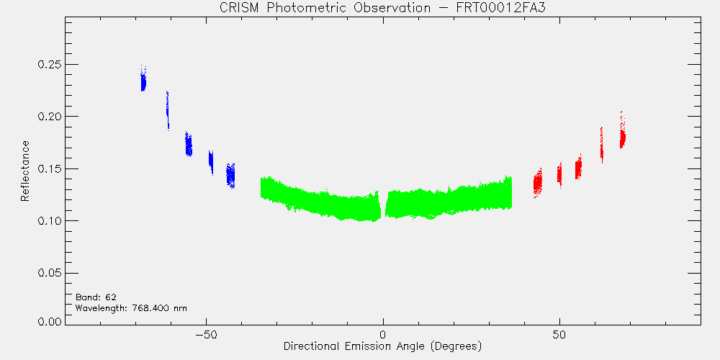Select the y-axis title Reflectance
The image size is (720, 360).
(x=24, y=171)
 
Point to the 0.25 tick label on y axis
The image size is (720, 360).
(x=50, y=64)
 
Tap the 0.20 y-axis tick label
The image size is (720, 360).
(x=50, y=117)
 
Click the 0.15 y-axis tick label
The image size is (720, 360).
(x=50, y=169)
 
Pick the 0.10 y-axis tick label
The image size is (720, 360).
(x=50, y=221)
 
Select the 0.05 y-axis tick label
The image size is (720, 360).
(x=50, y=273)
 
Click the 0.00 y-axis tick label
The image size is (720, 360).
(x=50, y=321)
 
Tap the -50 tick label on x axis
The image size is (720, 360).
(x=206, y=334)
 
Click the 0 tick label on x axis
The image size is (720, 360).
(x=383, y=334)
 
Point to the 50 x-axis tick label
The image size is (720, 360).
(x=559, y=334)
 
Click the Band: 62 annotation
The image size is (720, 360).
(x=92, y=297)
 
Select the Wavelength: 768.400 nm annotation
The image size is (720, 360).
(x=131, y=308)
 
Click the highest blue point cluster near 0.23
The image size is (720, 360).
(x=143, y=82)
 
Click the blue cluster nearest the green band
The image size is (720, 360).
(x=230, y=175)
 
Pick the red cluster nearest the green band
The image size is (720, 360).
(x=537, y=183)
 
